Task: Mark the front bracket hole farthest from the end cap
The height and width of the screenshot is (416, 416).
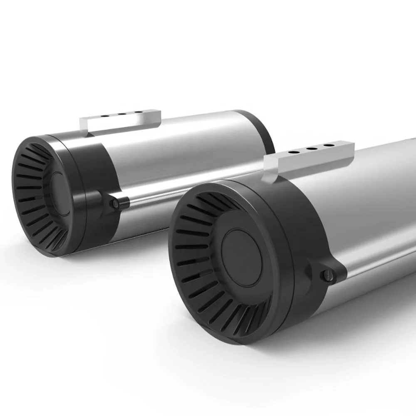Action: pyautogui.click(x=329, y=146)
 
